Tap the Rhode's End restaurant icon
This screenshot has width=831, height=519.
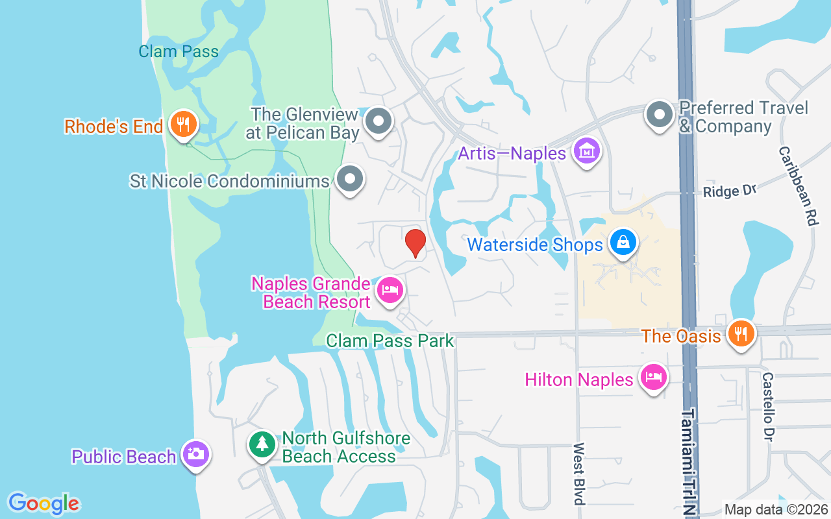(183, 123)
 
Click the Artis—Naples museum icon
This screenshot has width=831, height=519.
(587, 152)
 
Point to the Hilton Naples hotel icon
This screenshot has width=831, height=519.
(653, 377)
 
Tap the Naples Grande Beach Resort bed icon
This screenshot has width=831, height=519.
(390, 289)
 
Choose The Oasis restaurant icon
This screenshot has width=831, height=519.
(740, 334)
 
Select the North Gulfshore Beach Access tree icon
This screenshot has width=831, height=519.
(262, 444)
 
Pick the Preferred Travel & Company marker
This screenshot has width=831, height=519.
(660, 115)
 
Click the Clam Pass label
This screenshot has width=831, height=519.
(179, 51)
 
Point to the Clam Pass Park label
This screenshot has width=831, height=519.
(390, 341)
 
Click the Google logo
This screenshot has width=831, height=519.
(43, 503)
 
